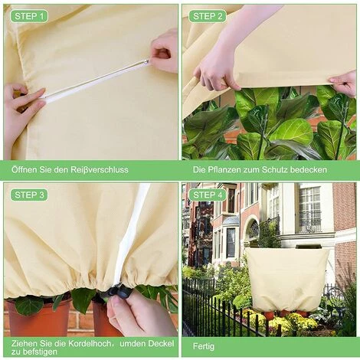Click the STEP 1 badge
coord(29,16)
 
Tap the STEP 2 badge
coord(208,16)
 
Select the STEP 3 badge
coord(29,195)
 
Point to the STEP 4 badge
coord(208,195)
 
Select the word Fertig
coord(204,346)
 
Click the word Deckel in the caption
coord(161,343)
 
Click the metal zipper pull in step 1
coord(146,61)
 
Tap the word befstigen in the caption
coord(37,352)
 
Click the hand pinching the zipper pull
coord(164,51)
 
